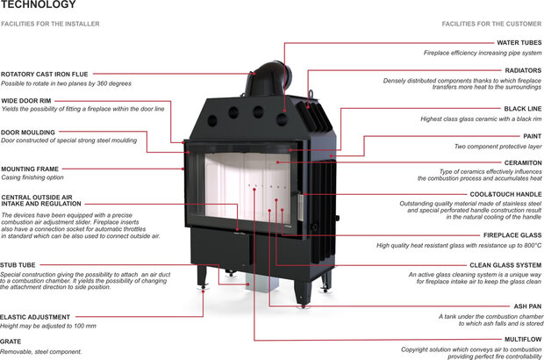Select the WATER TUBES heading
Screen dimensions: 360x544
519,42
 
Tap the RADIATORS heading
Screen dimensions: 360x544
522,70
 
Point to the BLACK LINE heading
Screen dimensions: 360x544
521,109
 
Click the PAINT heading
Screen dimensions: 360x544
532,136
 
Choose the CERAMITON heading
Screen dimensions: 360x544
521,162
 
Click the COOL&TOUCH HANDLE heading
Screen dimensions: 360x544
505,193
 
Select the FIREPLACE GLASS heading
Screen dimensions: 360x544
511,234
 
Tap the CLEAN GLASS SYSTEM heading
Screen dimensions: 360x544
505,264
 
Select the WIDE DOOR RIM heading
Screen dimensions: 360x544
25,101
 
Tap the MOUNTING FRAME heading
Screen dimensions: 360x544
30,168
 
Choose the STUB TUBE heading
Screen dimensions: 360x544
18,263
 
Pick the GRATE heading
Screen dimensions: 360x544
11,342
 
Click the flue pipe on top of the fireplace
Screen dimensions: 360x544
265,83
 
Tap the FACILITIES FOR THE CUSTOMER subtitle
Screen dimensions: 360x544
492,24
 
